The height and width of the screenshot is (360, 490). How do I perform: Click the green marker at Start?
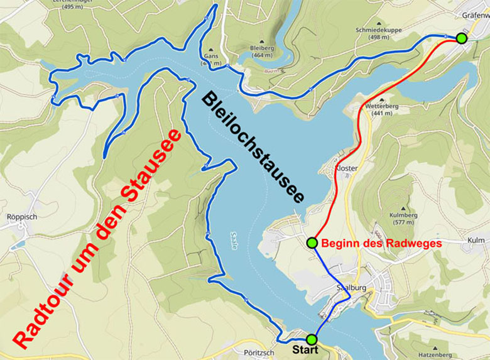[x=312, y=340]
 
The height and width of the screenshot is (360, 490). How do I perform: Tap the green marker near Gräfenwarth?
[x=462, y=38]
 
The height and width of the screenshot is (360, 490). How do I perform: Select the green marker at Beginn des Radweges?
[x=312, y=243]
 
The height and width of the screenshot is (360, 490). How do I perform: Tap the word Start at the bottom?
[x=306, y=350]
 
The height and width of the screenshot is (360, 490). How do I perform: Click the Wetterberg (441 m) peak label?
[x=378, y=110]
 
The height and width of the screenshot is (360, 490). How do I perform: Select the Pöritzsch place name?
[x=258, y=353]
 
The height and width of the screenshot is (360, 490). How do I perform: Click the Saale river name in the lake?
[x=234, y=243]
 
